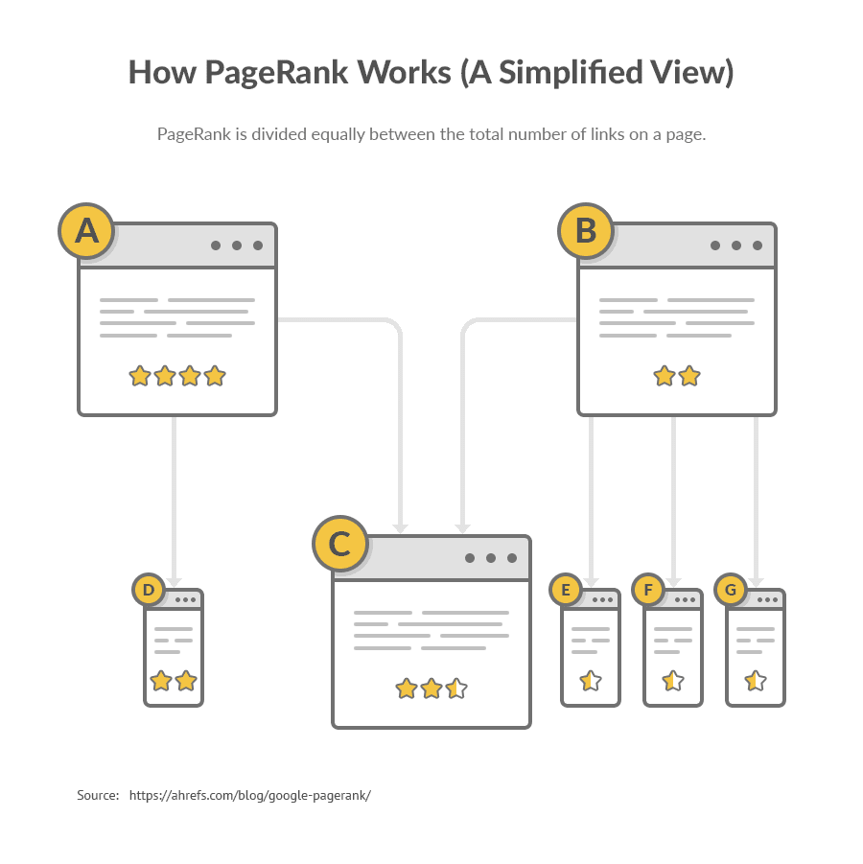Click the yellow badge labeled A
point(86,231)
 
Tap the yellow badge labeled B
point(586,231)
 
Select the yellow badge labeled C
point(340,544)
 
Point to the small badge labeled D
point(149,590)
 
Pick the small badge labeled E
point(566,590)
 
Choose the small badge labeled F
point(648,590)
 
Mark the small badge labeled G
point(730,590)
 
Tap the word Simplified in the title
point(571,72)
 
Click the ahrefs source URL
point(250,795)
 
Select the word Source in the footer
point(98,795)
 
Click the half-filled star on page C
point(456,689)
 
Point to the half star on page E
point(591,681)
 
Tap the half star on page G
point(756,681)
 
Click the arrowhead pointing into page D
point(175,582)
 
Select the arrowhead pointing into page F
point(673,582)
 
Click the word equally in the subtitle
point(338,134)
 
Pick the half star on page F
point(673,681)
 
